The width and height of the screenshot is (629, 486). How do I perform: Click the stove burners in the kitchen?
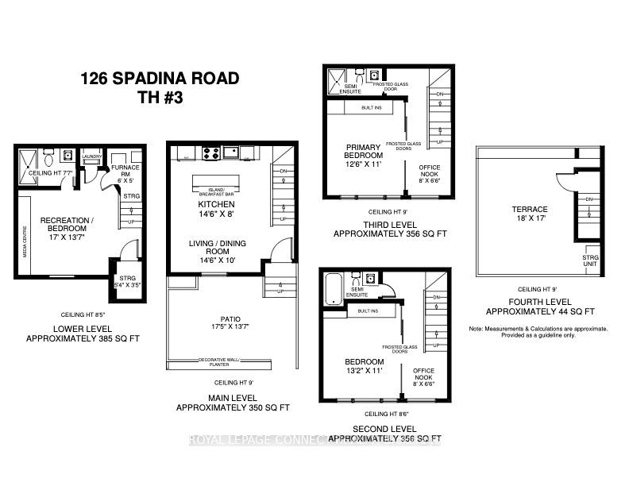point(212,151)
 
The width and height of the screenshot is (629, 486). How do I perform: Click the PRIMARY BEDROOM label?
point(365,152)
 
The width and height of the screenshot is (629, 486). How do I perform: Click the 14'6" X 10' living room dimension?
point(216,260)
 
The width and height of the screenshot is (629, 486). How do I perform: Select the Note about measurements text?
point(538,332)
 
